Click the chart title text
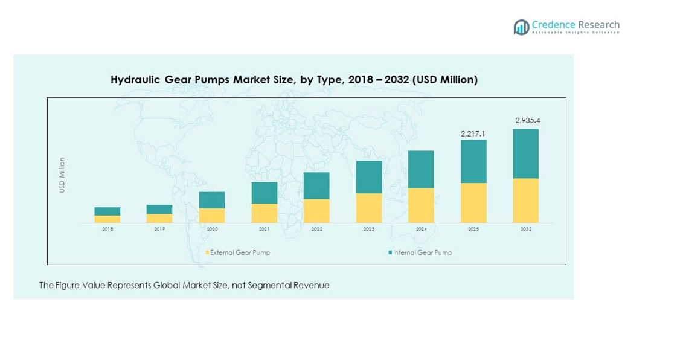pos(294,80)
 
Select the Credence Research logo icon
pos(521,27)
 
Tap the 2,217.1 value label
pos(473,133)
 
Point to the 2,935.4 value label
pos(527,120)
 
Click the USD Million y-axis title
pos(62,175)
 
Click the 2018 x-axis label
pos(107,230)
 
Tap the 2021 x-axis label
pos(265,230)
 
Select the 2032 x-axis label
pos(526,230)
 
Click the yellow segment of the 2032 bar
pos(526,201)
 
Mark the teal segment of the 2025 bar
pos(473,161)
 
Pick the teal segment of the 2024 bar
pos(421,169)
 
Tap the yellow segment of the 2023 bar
pos(369,208)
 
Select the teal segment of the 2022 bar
pos(316,185)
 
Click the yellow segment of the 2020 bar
pos(212,216)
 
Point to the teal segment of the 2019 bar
pos(159,209)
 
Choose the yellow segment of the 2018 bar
pos(107,219)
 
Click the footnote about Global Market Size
pos(184,285)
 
